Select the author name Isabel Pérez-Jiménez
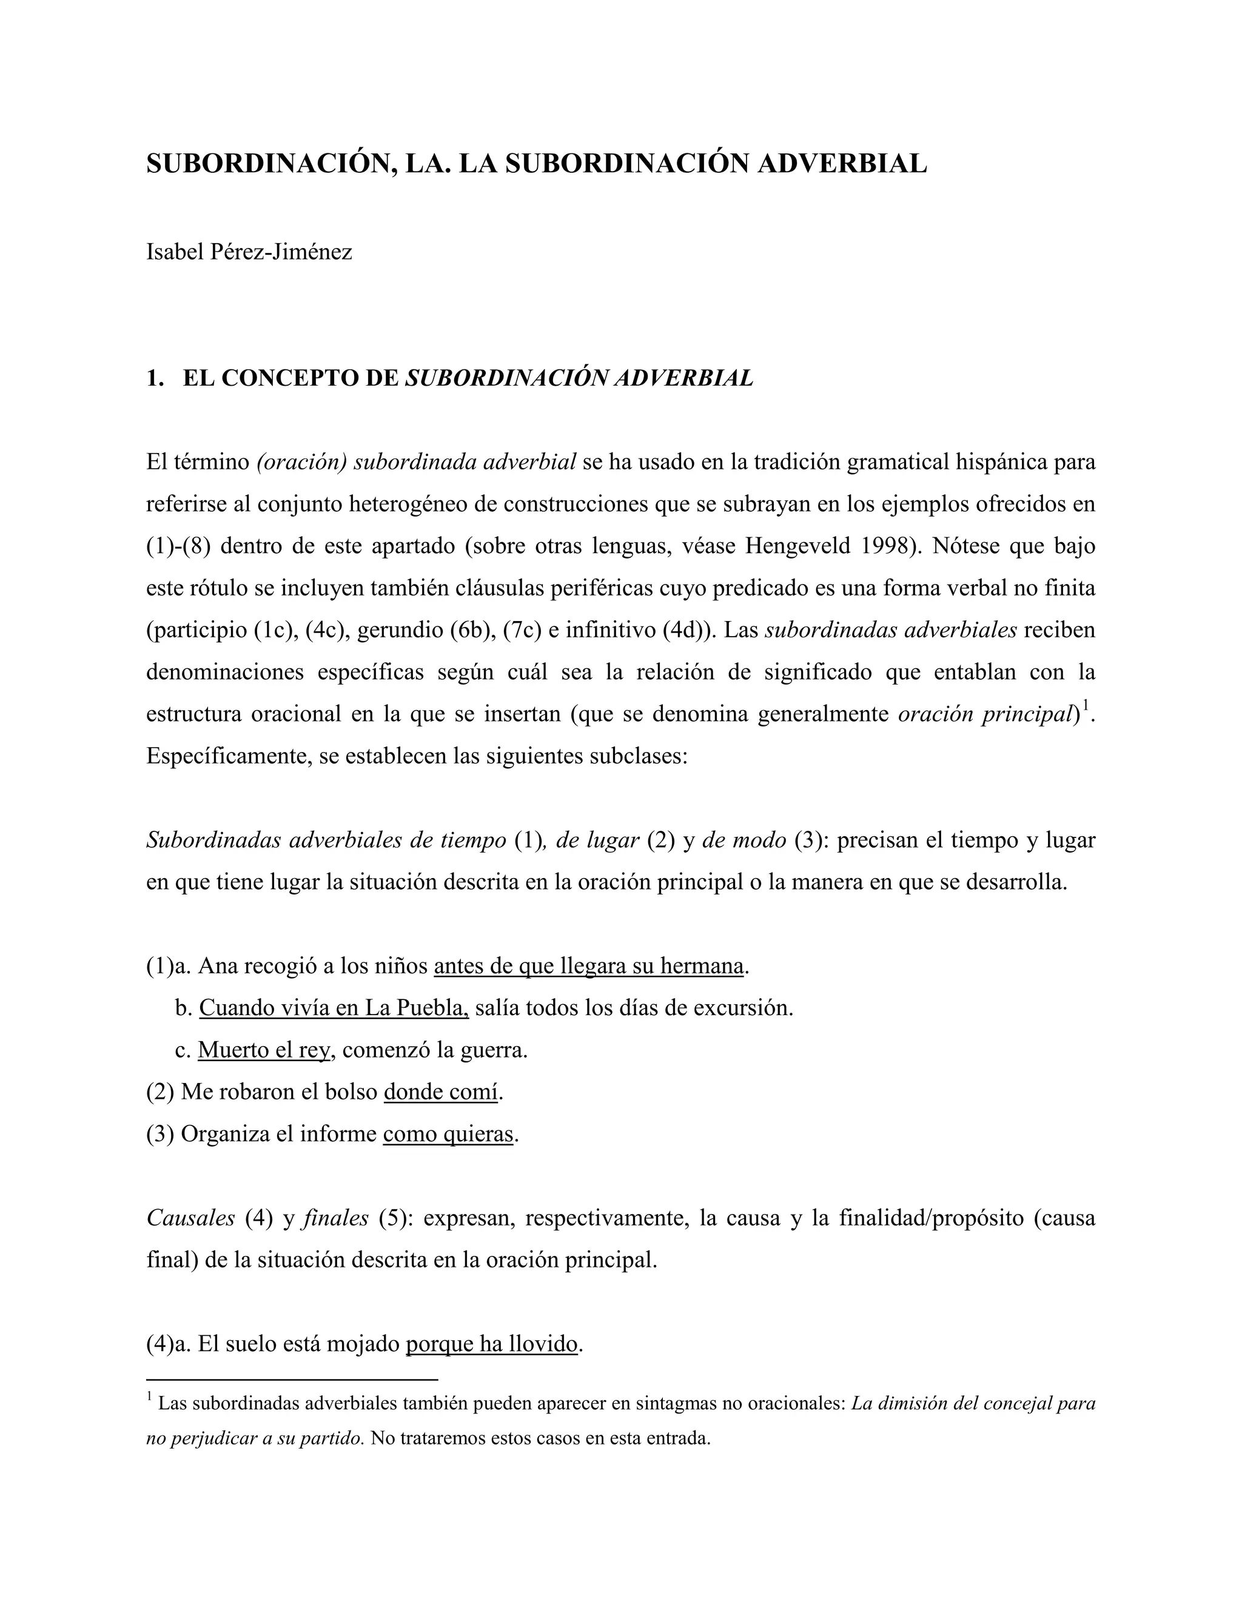(x=249, y=252)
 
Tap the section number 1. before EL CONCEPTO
(x=154, y=378)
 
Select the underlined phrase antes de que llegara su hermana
(x=589, y=965)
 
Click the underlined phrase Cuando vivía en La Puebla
(x=334, y=1007)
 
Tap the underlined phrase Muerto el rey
(x=263, y=1049)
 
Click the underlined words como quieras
(x=448, y=1134)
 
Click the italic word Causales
(x=190, y=1218)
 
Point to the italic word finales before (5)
(x=335, y=1218)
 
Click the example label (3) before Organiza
(x=159, y=1134)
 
